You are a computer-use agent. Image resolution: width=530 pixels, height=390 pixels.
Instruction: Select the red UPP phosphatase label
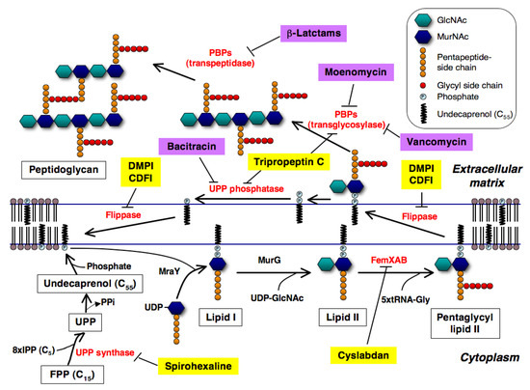(251, 187)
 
